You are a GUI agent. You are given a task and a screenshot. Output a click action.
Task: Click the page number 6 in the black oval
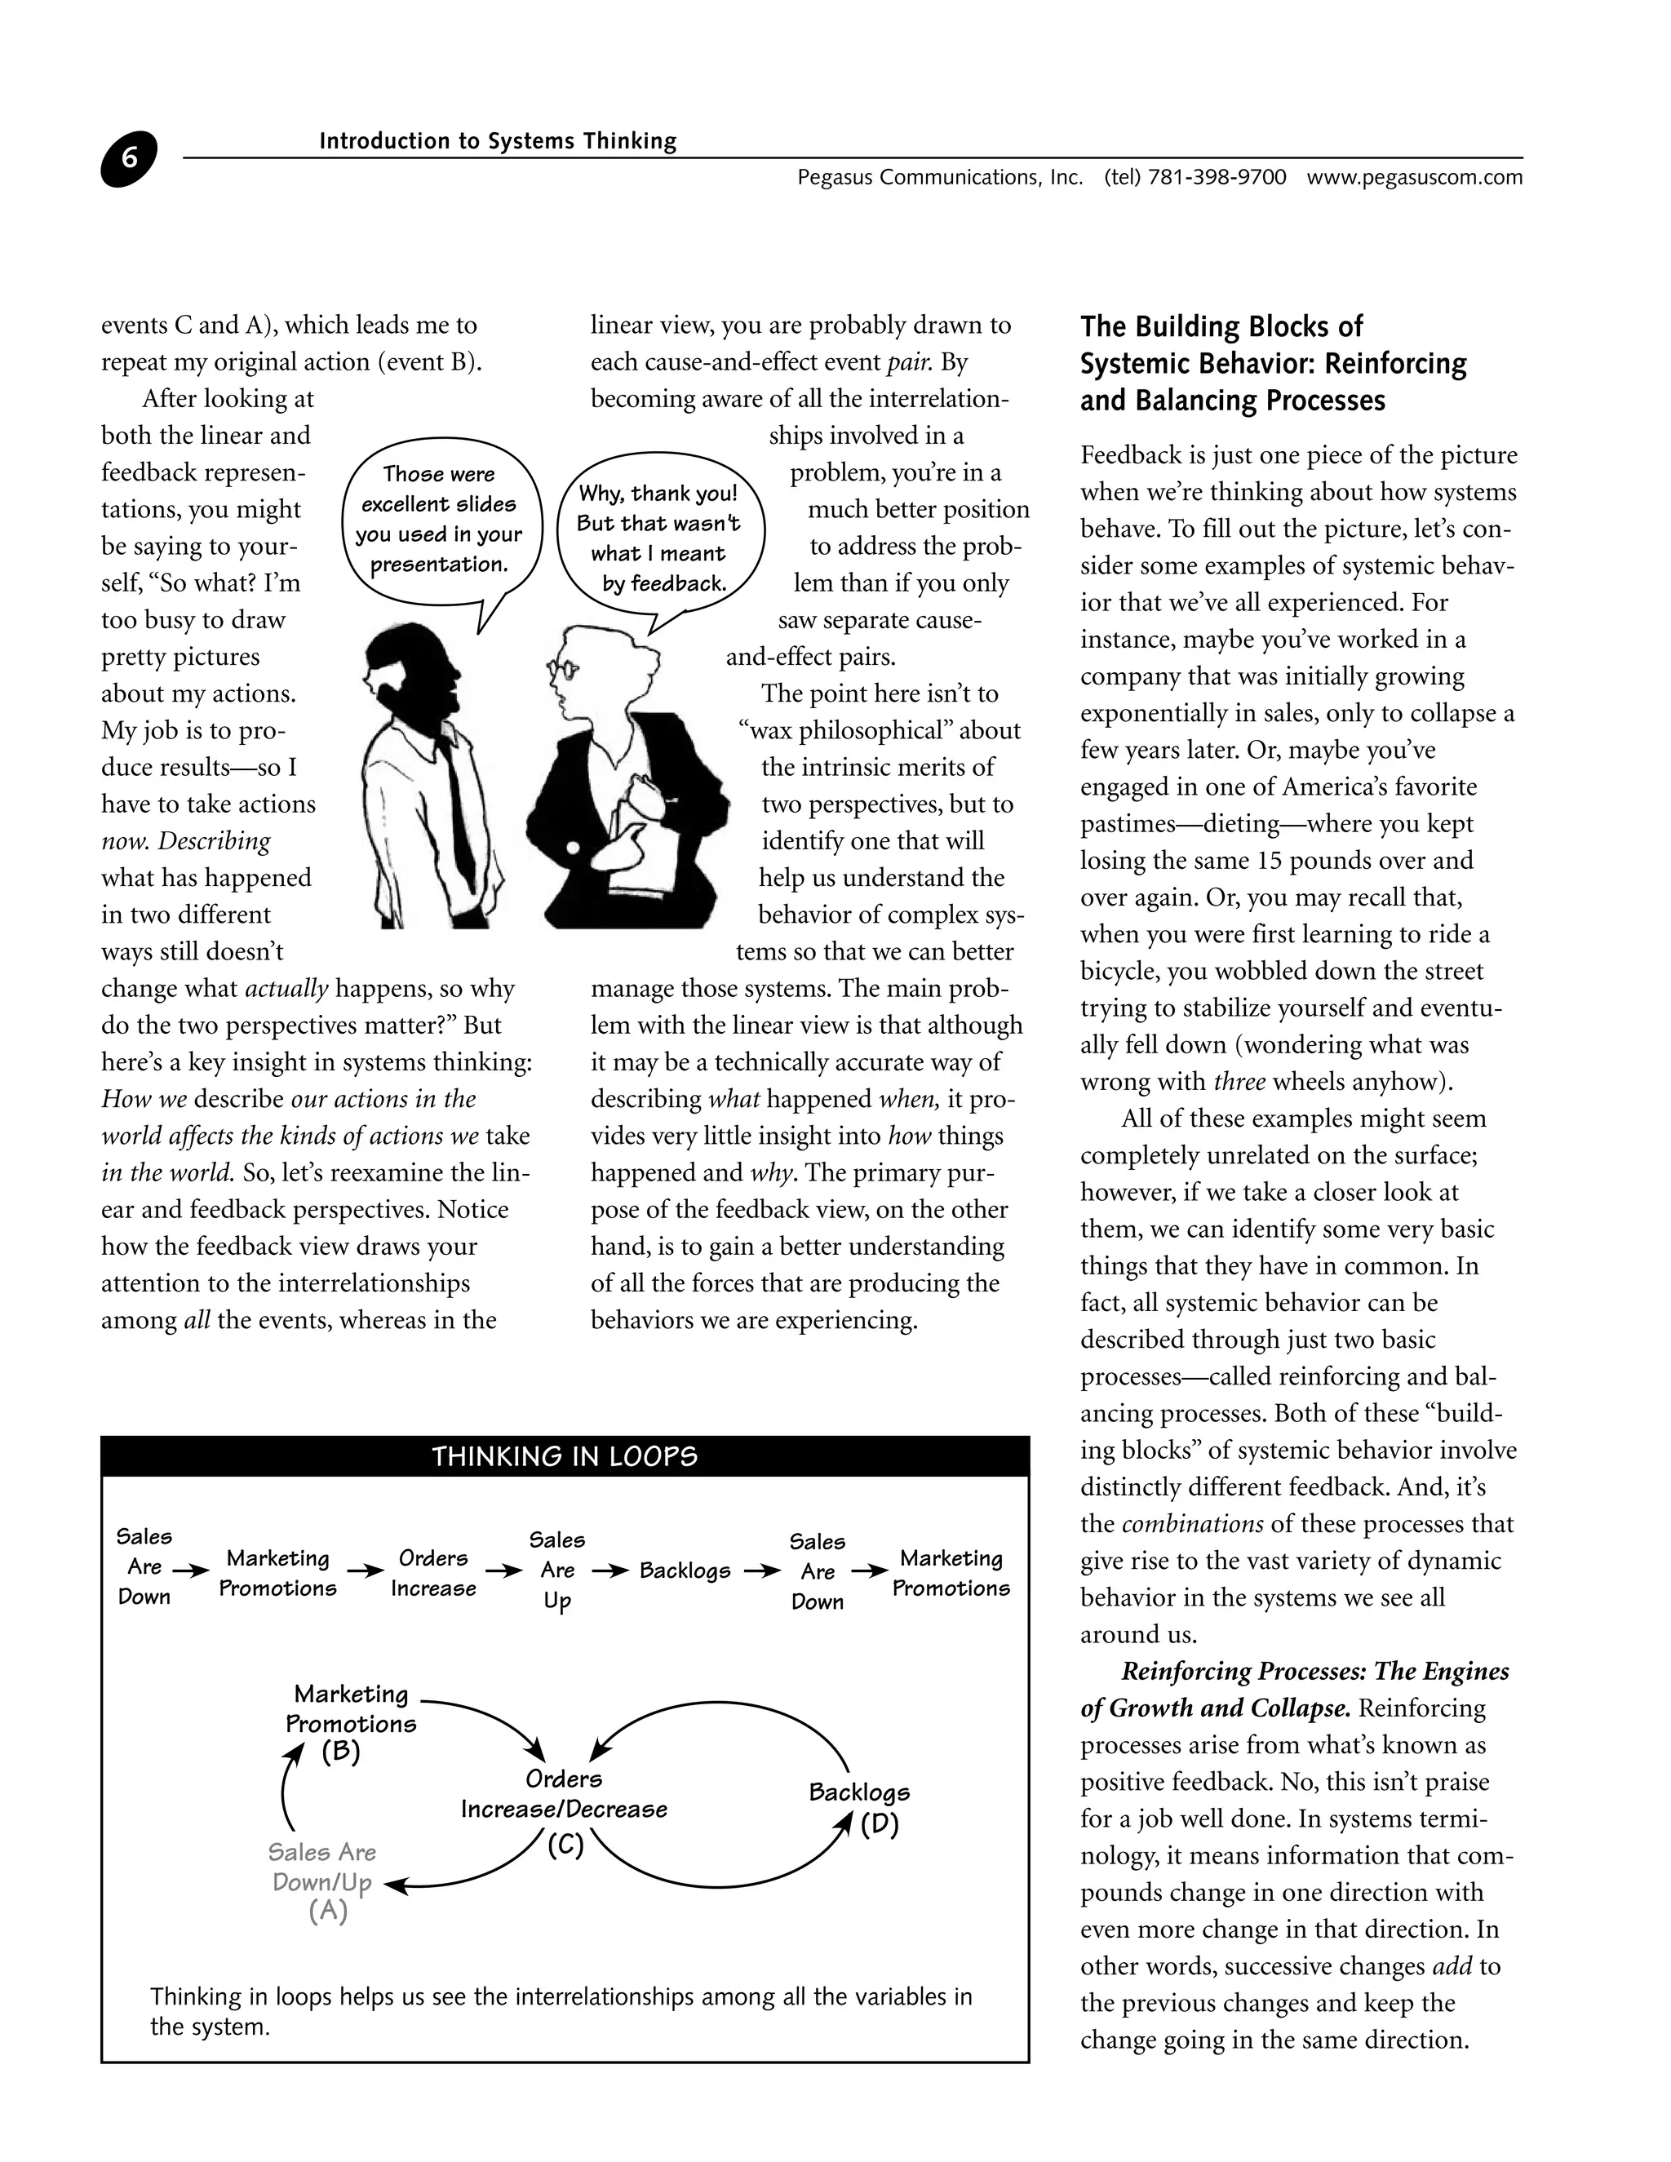[129, 159]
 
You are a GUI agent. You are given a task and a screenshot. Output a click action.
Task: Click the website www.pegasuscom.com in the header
[1414, 178]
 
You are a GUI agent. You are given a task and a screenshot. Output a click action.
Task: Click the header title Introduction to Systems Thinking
[497, 142]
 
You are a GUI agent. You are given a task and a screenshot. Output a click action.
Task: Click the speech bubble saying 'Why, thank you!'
[658, 538]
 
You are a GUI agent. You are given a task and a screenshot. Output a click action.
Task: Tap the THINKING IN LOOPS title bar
[565, 1456]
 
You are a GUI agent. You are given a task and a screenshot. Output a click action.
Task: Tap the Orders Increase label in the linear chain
[432, 1573]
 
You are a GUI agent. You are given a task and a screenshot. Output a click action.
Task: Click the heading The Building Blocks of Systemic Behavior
[1272, 363]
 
